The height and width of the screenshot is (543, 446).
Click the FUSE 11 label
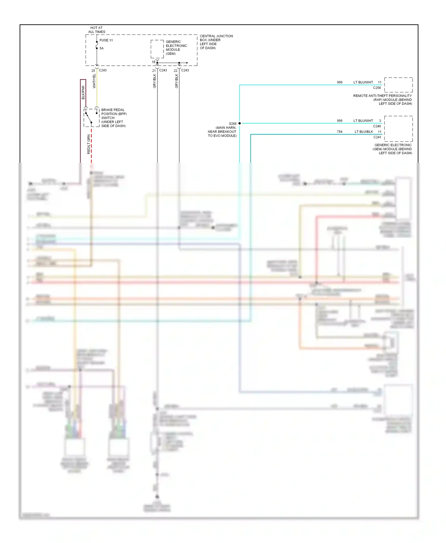(106, 40)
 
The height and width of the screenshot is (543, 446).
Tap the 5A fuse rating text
(102, 48)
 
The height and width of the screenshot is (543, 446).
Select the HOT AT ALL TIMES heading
(97, 30)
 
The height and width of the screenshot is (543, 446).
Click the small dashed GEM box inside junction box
(157, 49)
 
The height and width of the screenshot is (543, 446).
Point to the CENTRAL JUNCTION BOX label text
(216, 42)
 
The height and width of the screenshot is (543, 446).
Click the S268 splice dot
(240, 123)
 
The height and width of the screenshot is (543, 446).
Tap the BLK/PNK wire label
(83, 92)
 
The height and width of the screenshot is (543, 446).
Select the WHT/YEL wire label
(94, 81)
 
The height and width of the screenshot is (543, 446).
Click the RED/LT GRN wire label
(89, 144)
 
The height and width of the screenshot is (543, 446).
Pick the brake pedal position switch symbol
(91, 118)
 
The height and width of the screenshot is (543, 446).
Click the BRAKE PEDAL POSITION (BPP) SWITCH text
(114, 118)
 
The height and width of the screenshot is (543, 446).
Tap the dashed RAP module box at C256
(398, 85)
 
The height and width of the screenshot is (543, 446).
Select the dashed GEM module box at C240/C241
(398, 129)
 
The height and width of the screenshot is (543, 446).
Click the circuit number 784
(340, 132)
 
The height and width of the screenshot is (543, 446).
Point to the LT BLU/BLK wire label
(364, 132)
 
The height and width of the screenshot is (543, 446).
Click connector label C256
(377, 88)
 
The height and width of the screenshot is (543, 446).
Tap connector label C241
(377, 137)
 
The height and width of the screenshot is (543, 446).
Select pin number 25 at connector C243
(93, 71)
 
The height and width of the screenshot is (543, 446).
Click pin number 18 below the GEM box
(153, 62)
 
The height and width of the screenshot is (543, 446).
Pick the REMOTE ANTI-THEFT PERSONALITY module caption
(382, 100)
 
